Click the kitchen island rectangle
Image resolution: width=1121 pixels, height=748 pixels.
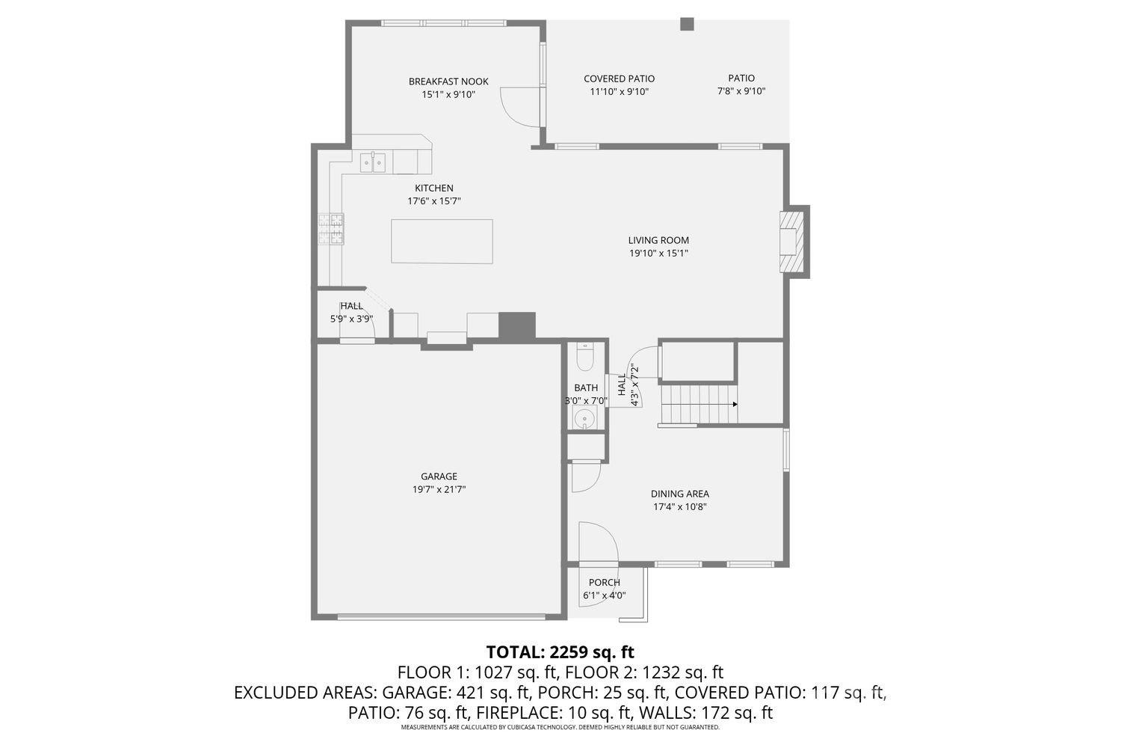[x=442, y=241]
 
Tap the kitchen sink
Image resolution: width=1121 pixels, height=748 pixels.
[x=373, y=163]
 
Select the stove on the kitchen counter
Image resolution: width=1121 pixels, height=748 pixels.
[x=331, y=229]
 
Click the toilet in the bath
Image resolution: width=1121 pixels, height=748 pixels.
[x=584, y=356]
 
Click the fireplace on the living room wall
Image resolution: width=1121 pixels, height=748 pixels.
[x=791, y=242]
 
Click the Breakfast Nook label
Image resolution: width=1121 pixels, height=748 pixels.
[x=448, y=82]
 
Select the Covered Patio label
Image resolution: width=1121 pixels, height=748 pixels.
[x=619, y=79]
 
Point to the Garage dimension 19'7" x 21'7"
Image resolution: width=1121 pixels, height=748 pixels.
[x=439, y=489]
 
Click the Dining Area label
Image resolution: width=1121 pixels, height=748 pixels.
[x=679, y=494]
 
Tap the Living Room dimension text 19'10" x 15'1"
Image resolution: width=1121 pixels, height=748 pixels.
[x=658, y=254]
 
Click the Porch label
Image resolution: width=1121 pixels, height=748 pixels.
[x=604, y=583]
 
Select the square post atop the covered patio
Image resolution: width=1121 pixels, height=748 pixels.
[x=687, y=24]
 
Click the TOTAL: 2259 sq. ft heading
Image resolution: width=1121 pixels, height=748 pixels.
[x=560, y=652]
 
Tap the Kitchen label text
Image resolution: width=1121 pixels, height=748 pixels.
[x=434, y=188]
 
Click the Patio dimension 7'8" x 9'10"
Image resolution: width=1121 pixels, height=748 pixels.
[x=741, y=91]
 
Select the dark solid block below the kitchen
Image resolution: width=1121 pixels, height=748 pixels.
[x=517, y=325]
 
